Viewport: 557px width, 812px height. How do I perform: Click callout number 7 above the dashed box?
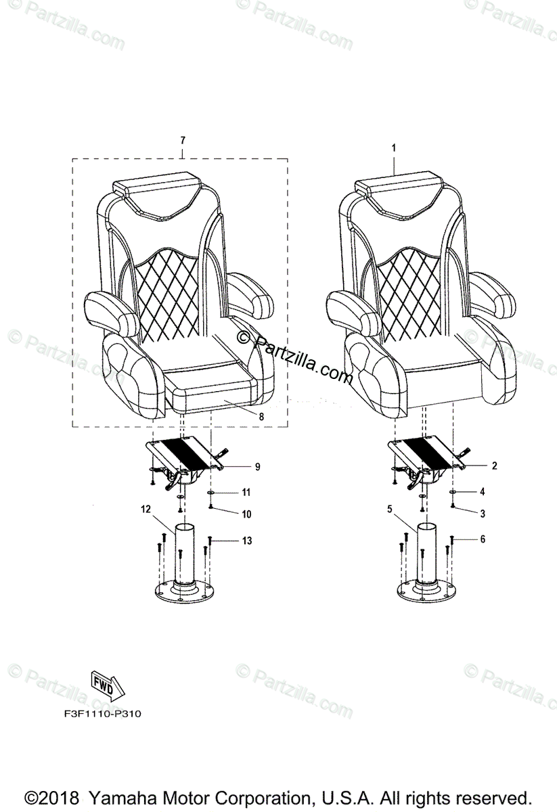(183, 140)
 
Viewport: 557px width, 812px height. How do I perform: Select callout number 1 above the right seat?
(394, 146)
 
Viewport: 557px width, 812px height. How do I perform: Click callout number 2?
(494, 466)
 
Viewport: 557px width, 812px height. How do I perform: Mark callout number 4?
(483, 491)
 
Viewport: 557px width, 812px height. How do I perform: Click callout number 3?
(483, 514)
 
